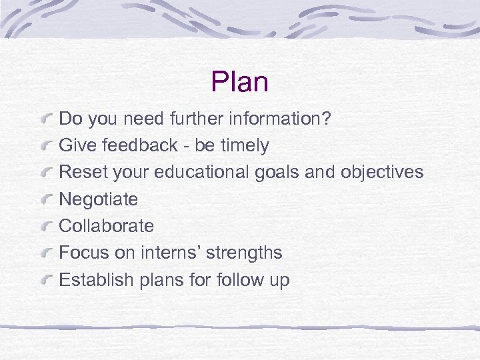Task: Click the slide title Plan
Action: coord(239,82)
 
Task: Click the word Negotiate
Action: coord(99,199)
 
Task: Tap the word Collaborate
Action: coord(107,226)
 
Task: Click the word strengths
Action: coord(244,253)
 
